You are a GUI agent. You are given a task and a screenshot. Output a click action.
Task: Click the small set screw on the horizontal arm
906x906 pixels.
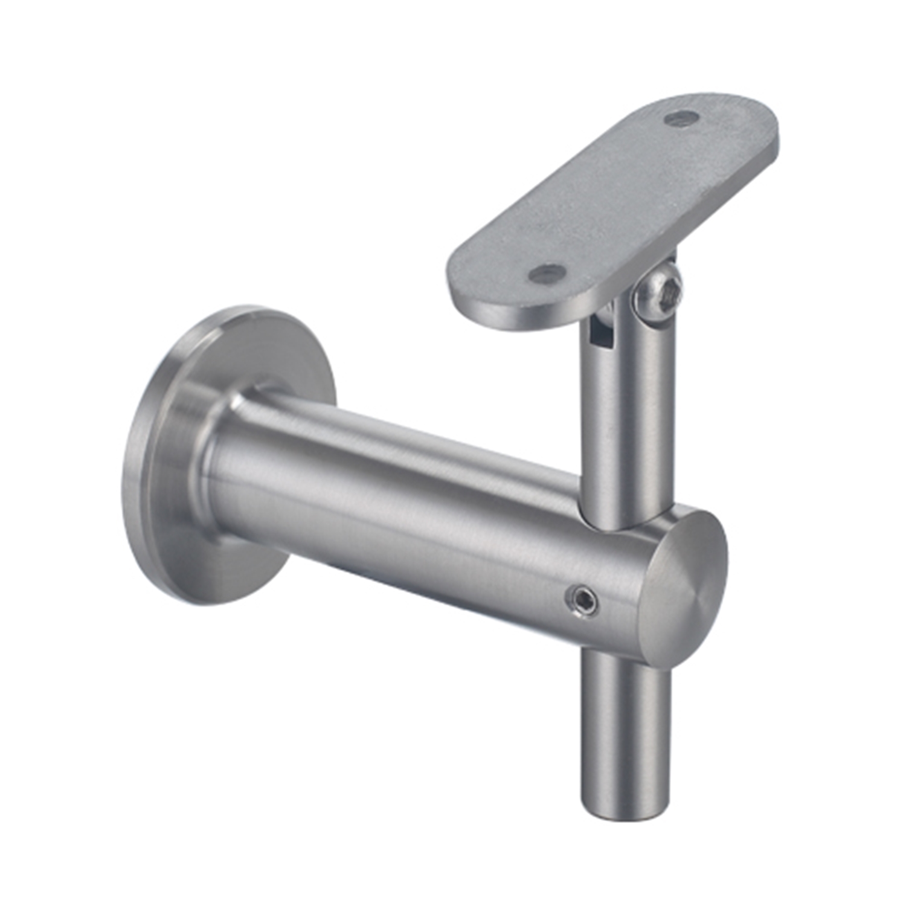580,598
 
